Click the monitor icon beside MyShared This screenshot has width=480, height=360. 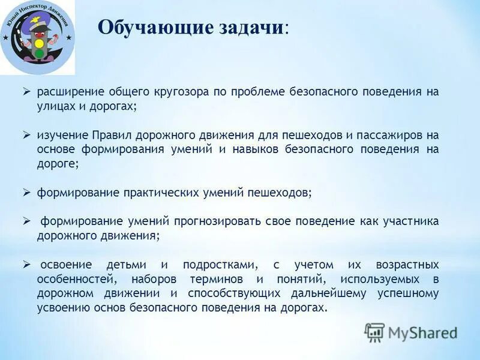pyautogui.click(x=374, y=332)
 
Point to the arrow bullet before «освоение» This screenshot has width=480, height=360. pyautogui.click(x=26, y=264)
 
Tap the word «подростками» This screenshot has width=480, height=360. pyautogui.click(x=221, y=265)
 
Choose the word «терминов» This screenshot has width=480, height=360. pyautogui.click(x=214, y=279)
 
